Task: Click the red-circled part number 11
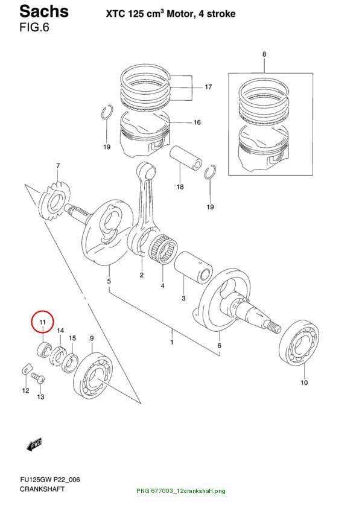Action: (43, 322)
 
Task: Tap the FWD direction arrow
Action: (34, 444)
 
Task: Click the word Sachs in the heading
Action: (44, 11)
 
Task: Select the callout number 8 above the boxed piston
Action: (264, 54)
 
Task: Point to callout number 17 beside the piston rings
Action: (208, 87)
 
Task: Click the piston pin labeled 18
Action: (186, 158)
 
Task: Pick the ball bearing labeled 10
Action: (299, 343)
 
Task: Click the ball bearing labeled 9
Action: (93, 375)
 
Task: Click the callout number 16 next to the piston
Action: (197, 122)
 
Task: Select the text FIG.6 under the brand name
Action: (34, 28)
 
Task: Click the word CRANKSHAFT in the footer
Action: (42, 489)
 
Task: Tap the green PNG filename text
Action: (180, 491)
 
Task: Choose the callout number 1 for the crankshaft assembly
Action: (172, 341)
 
